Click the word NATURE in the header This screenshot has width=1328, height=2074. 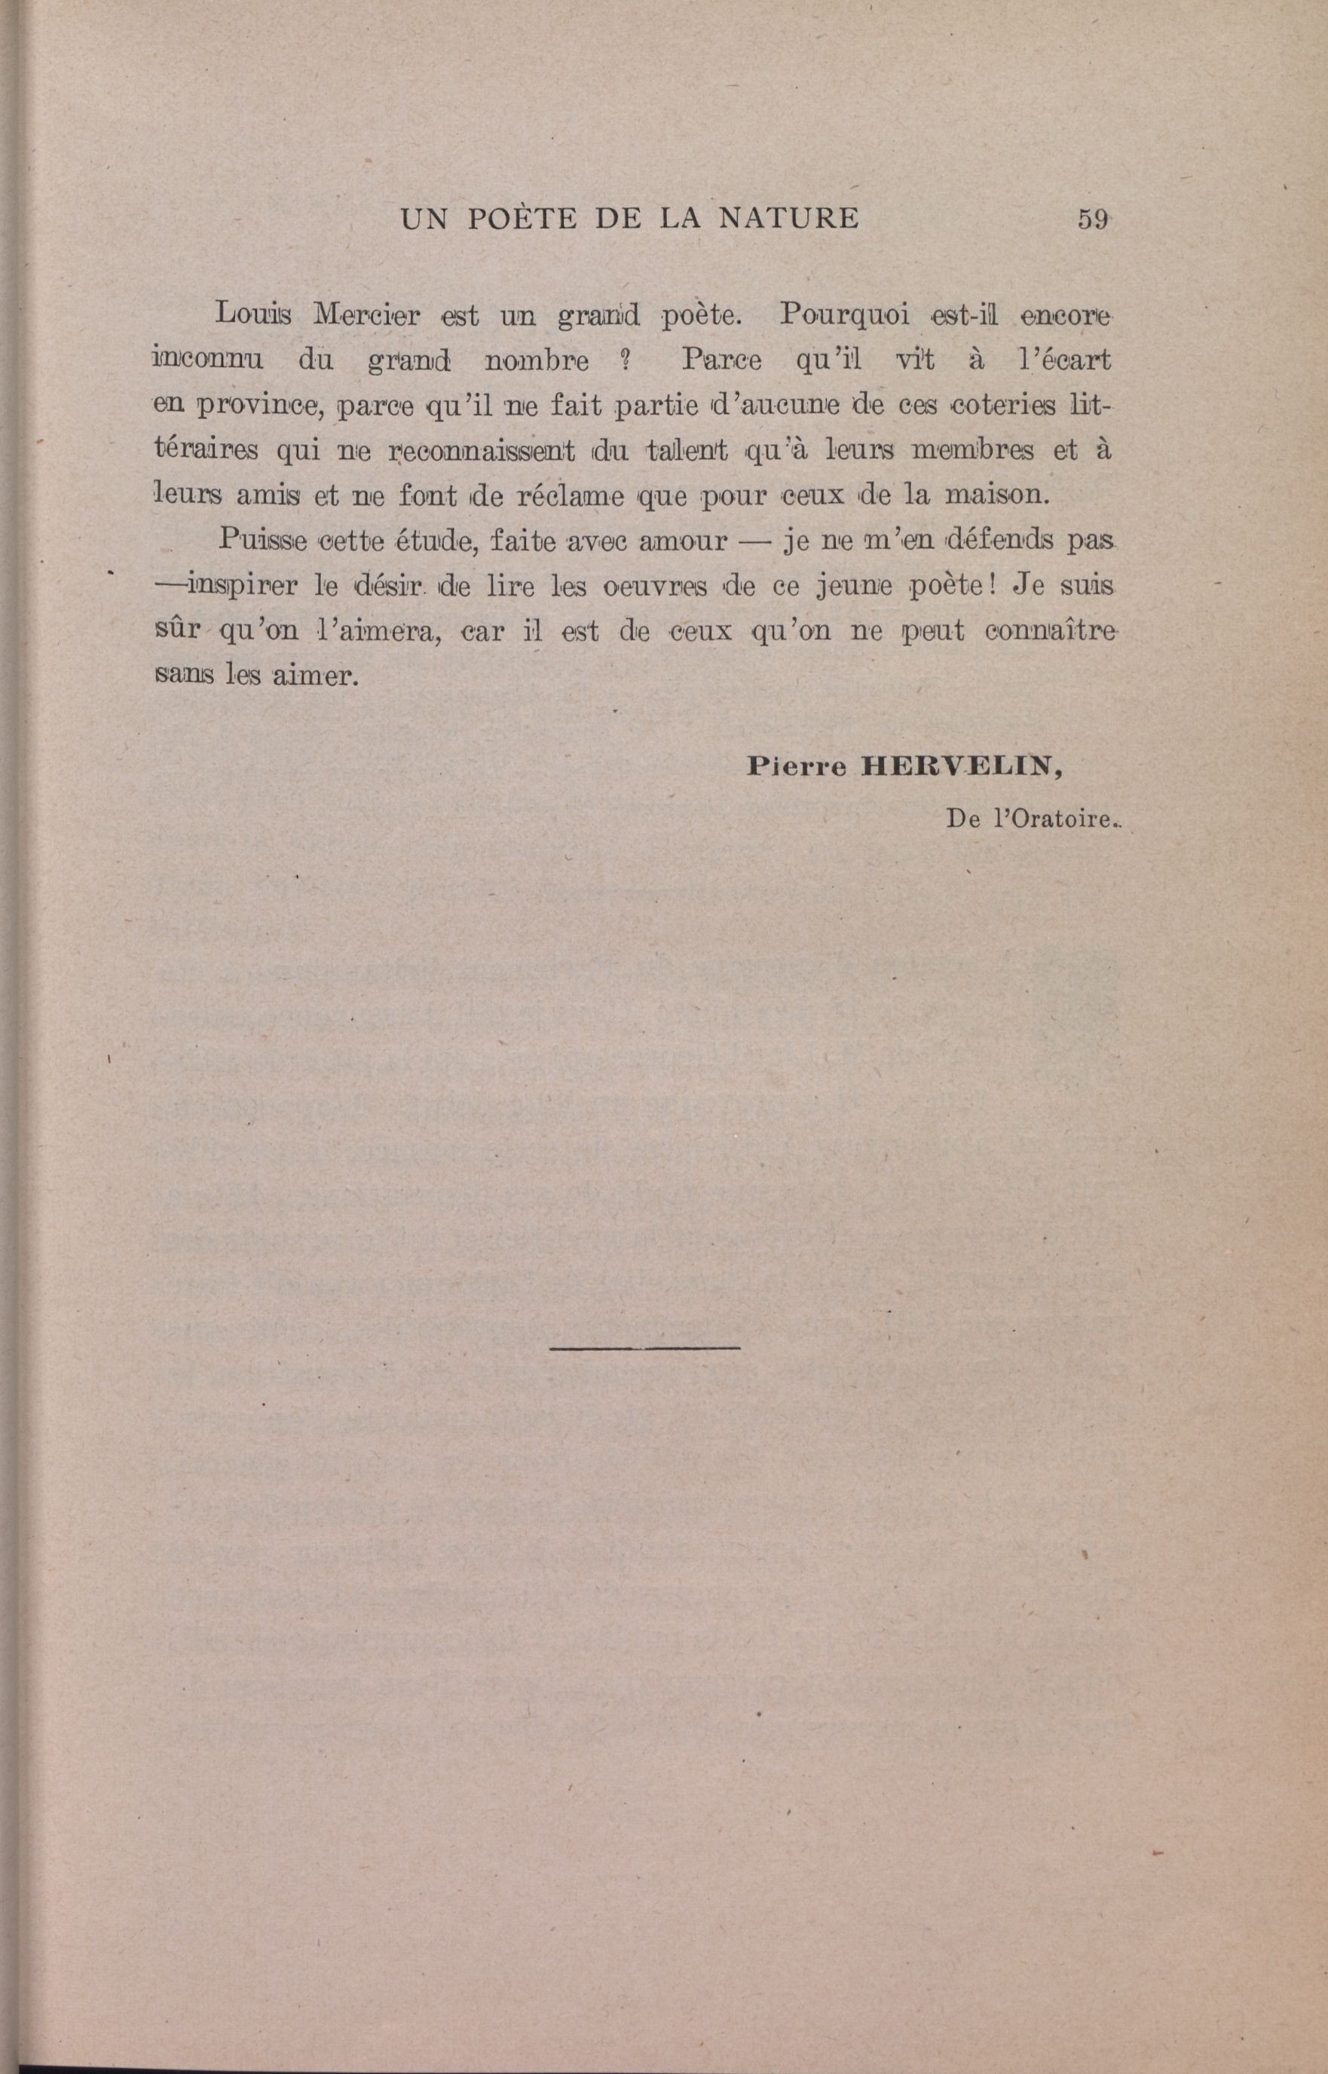pos(788,219)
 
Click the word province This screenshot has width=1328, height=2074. pos(256,406)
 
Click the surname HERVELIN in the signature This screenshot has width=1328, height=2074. pos(962,767)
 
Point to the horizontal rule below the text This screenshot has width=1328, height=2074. pos(644,1346)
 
